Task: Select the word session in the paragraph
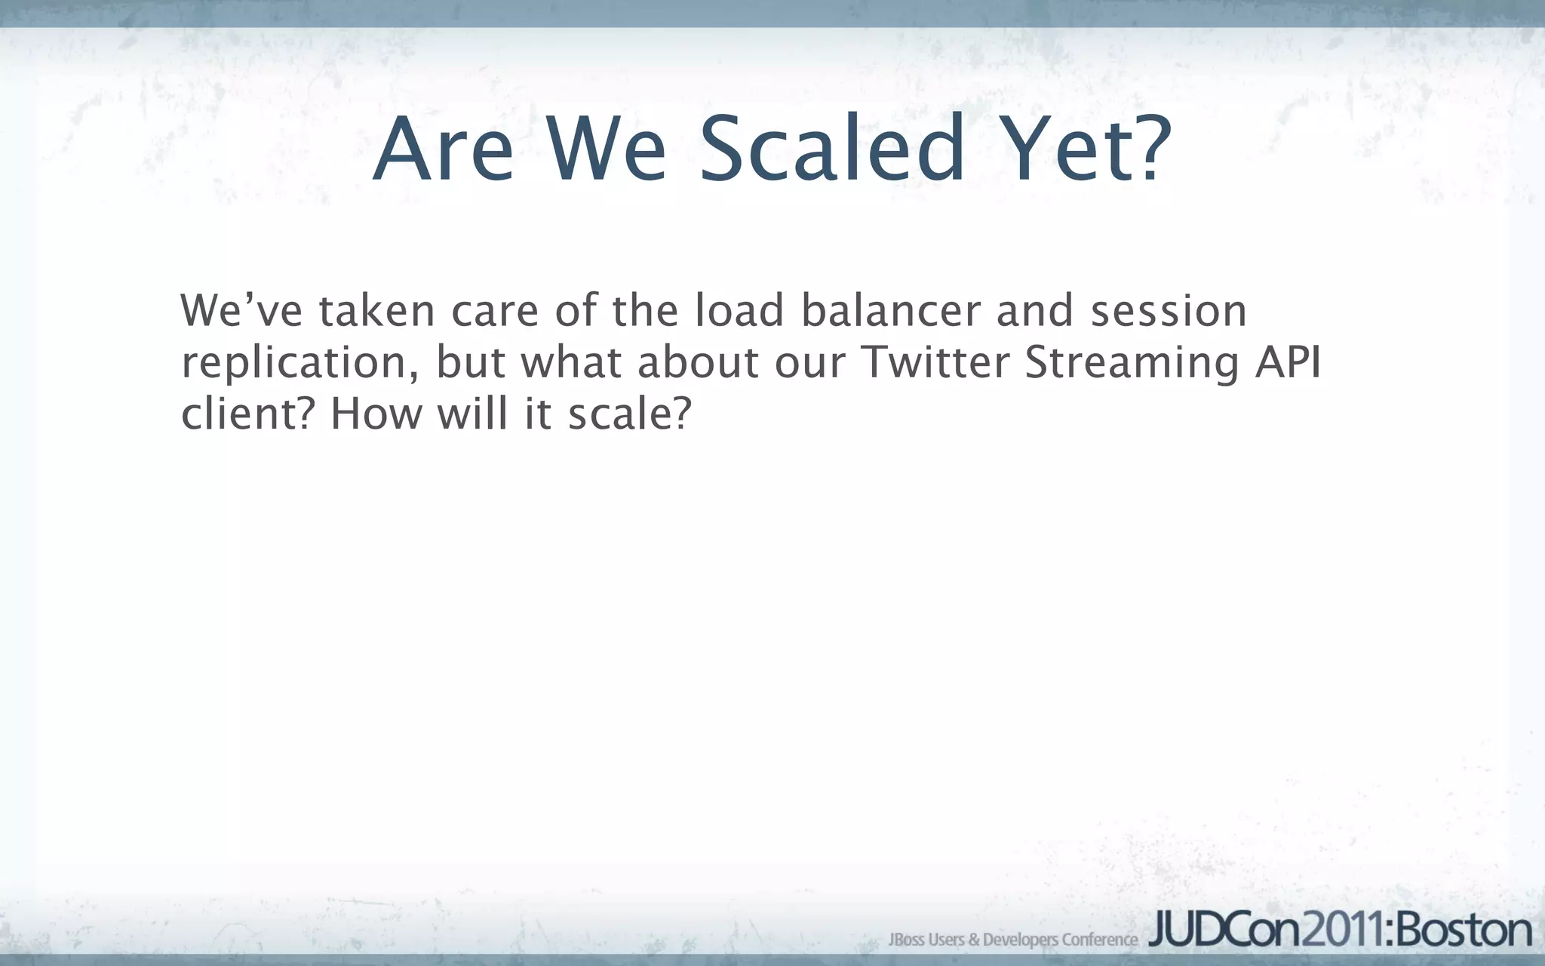(1169, 311)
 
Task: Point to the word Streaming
(1132, 364)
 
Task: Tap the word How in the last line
(376, 414)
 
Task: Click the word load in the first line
(739, 311)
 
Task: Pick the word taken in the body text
(376, 311)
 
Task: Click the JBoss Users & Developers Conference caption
(1012, 940)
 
